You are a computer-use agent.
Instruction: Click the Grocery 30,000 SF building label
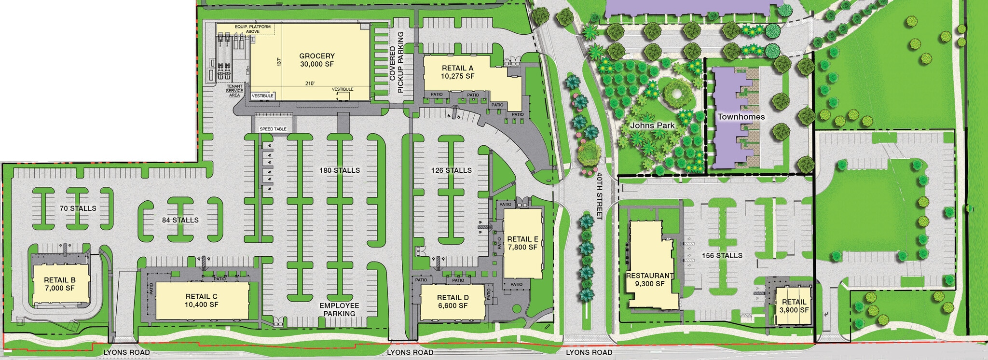(x=316, y=60)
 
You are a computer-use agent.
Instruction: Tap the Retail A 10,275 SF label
(x=457, y=72)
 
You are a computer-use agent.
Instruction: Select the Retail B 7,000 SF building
(x=60, y=284)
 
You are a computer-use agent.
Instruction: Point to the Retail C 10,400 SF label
(x=201, y=300)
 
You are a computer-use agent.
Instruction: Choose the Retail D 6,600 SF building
(x=453, y=302)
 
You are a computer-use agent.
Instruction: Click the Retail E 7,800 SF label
(x=522, y=243)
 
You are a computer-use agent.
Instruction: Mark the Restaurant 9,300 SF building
(x=650, y=279)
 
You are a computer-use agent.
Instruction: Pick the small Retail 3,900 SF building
(x=794, y=306)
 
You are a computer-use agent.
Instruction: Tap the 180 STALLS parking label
(x=339, y=170)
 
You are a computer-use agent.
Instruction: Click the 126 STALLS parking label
(x=452, y=170)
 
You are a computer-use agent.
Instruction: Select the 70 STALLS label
(x=78, y=208)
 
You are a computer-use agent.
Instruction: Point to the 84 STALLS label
(x=180, y=220)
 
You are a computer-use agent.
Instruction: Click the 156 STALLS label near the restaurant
(x=722, y=255)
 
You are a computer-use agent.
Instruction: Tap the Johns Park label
(x=652, y=125)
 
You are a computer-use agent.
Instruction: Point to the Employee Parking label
(x=339, y=309)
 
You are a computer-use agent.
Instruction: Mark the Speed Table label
(x=273, y=129)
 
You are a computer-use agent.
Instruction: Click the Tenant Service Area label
(x=234, y=91)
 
